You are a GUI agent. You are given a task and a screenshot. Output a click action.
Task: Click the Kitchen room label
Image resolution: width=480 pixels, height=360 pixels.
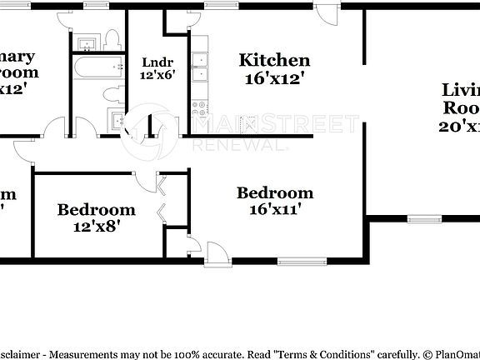coord(274,60)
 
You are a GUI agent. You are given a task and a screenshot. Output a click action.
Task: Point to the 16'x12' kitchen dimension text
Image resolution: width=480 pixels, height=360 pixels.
coord(274,79)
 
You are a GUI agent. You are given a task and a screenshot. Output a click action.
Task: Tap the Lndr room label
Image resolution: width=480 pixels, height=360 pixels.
coord(157,62)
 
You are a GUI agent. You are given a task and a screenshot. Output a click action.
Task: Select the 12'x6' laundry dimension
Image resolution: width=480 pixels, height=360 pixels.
coord(157,75)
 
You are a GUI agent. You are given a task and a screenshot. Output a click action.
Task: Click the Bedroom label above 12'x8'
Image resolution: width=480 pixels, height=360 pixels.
coord(96,209)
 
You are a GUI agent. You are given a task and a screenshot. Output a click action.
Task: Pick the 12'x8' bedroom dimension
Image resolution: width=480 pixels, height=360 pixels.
coord(96,227)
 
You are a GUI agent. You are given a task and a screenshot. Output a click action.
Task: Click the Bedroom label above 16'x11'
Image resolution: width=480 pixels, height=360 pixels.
coord(275,193)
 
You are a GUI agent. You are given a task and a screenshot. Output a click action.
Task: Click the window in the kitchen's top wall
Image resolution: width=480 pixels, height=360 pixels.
coord(219,7)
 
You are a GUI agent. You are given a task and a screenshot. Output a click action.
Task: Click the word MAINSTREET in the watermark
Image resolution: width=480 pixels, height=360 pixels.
coord(275,125)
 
